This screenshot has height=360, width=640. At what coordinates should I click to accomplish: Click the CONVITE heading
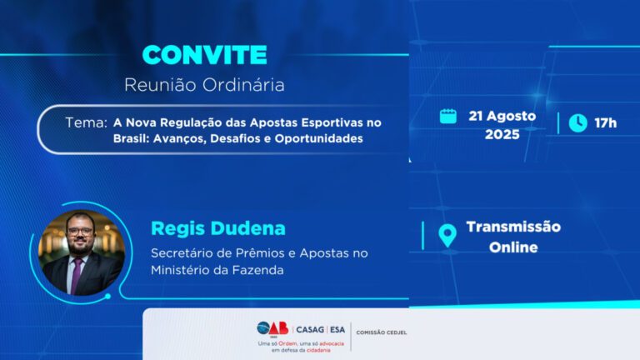click(x=204, y=55)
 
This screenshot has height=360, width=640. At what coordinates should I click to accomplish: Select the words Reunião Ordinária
click(x=204, y=84)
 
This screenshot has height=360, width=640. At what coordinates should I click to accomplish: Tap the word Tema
click(x=85, y=122)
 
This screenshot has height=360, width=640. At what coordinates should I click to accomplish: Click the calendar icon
click(x=448, y=116)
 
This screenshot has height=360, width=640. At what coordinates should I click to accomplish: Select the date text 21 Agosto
click(x=502, y=116)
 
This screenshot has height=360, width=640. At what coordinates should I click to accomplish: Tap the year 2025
click(x=502, y=134)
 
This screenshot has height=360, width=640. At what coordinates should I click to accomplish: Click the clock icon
click(x=577, y=123)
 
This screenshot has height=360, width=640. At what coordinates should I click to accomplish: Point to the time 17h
click(x=605, y=123)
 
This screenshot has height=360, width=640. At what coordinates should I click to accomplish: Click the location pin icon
click(x=447, y=236)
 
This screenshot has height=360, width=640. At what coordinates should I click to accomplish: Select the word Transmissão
click(x=512, y=227)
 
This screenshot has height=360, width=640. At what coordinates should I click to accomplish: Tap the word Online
click(x=512, y=247)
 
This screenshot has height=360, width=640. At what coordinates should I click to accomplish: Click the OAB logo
click(x=273, y=328)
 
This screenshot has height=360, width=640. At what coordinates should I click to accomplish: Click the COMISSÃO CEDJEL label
click(x=382, y=332)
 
